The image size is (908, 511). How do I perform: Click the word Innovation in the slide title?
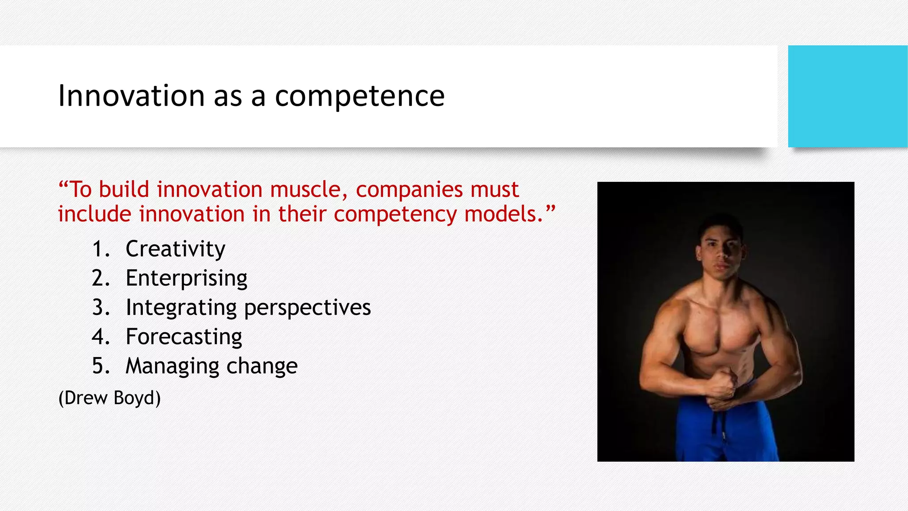pos(131,96)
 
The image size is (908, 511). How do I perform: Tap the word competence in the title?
pos(360,96)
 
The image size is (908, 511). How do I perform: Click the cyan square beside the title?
pos(847,96)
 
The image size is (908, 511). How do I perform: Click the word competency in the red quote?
pos(395,215)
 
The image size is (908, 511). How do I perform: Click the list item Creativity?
pos(176,249)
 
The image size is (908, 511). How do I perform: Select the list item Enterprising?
pos(186,279)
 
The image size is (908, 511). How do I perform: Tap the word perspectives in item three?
pos(307,308)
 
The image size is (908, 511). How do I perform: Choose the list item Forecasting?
pos(184,337)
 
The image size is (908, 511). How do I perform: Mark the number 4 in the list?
pos(100,337)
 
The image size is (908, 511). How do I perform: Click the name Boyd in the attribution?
pos(137,398)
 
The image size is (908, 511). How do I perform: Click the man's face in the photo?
pos(721,251)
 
